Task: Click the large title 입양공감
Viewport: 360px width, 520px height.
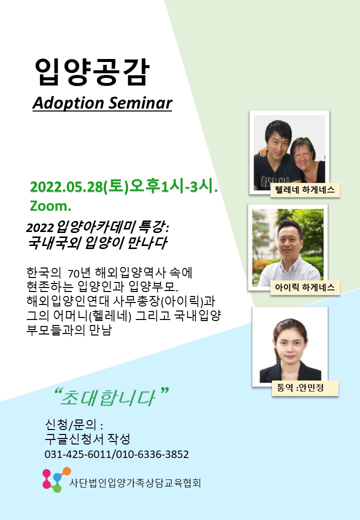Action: click(x=92, y=72)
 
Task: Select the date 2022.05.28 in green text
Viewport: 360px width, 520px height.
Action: click(x=66, y=186)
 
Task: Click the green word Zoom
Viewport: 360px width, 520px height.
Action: click(x=50, y=206)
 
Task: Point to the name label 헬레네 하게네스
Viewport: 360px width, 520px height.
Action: click(x=305, y=190)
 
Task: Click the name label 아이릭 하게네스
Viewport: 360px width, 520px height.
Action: click(x=305, y=287)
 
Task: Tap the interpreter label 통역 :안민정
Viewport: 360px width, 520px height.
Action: click(x=300, y=387)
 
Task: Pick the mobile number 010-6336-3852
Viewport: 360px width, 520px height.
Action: click(x=152, y=454)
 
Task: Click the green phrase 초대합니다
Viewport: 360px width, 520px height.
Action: click(x=107, y=397)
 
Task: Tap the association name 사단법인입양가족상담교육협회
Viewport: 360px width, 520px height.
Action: click(x=135, y=483)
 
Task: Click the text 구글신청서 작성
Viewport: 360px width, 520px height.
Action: click(x=87, y=439)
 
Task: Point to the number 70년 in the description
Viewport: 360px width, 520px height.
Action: click(x=79, y=273)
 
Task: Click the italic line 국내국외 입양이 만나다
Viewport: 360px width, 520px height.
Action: click(x=97, y=243)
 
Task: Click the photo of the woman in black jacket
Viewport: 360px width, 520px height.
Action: click(x=290, y=347)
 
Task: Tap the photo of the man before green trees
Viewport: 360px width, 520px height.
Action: click(x=287, y=247)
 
